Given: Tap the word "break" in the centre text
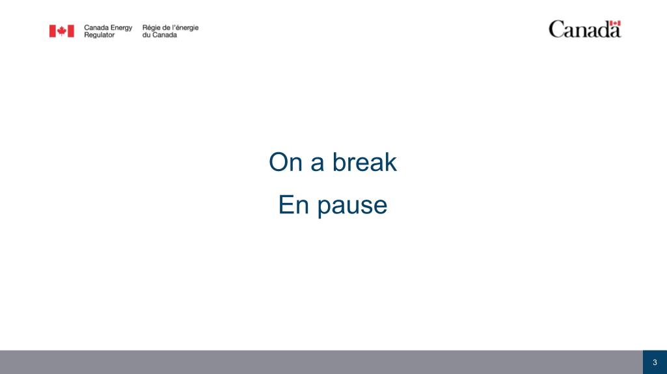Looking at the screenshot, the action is (x=364, y=162).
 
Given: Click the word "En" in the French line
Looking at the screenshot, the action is (x=293, y=205).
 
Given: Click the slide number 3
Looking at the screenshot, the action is (x=655, y=362).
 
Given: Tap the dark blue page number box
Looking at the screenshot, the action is (x=655, y=362).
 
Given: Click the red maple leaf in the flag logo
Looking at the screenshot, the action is (x=62, y=31).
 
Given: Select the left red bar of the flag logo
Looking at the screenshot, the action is (x=52, y=31).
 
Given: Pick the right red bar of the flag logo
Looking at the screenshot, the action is (x=71, y=31).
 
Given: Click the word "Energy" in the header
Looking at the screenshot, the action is (x=122, y=28).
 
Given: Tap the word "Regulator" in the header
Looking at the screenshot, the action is (x=99, y=35).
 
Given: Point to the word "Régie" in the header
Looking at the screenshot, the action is (x=151, y=28).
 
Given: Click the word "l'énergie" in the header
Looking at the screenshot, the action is (x=185, y=28).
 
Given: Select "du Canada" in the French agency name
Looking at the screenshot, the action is (x=159, y=35).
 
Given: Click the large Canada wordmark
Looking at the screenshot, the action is (x=585, y=29).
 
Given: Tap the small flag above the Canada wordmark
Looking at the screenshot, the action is (x=615, y=23).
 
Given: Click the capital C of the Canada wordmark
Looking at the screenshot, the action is (x=556, y=29).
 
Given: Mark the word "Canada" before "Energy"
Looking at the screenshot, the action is (x=96, y=27).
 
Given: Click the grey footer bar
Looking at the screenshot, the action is (x=321, y=362).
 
